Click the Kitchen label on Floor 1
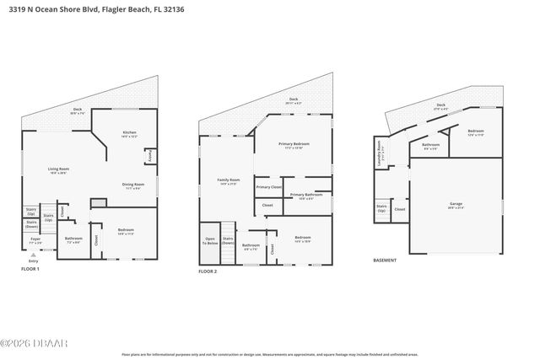point(129,133)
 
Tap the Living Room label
point(58,170)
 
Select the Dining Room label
point(134,185)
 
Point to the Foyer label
point(35,239)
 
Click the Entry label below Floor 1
point(34,261)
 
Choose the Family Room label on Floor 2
point(229,180)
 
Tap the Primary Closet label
point(268,187)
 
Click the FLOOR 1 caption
point(30,269)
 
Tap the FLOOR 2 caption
point(208,272)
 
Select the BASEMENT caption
point(385,261)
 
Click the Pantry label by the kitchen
point(149,156)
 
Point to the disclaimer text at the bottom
point(268,355)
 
